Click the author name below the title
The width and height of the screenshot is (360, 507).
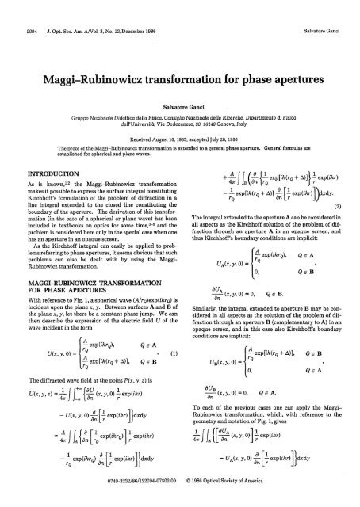(x=179, y=85)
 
